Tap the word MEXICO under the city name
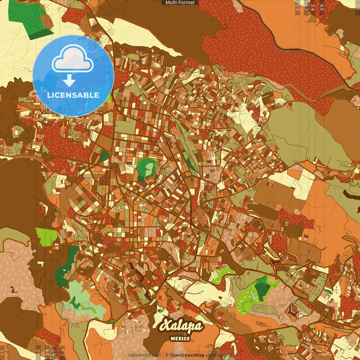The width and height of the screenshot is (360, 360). (180, 339)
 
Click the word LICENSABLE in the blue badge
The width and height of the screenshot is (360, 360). (73, 95)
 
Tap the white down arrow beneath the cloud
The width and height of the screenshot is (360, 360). (69, 81)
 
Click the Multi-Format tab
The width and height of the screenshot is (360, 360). (180, 3)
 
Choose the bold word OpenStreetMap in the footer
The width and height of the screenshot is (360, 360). (187, 355)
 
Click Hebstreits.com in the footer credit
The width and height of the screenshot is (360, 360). (145, 355)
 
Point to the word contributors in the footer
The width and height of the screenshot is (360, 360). (218, 355)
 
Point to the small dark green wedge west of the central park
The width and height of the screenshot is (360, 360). (103, 156)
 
